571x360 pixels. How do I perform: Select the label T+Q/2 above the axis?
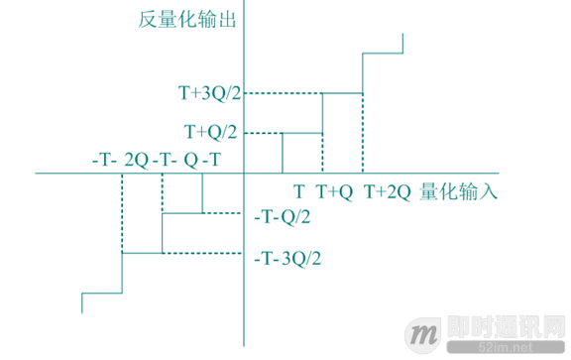[212, 131]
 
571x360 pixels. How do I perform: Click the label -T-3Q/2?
[286, 258]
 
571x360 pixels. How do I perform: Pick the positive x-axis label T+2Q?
[387, 191]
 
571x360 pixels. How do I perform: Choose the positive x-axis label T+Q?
[334, 191]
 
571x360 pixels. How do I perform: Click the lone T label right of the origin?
[297, 191]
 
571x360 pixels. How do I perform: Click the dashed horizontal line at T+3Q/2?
[283, 93]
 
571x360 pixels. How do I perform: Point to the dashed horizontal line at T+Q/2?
[263, 132]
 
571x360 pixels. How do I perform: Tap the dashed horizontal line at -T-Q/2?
[223, 212]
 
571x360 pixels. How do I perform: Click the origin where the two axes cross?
[243, 174]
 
